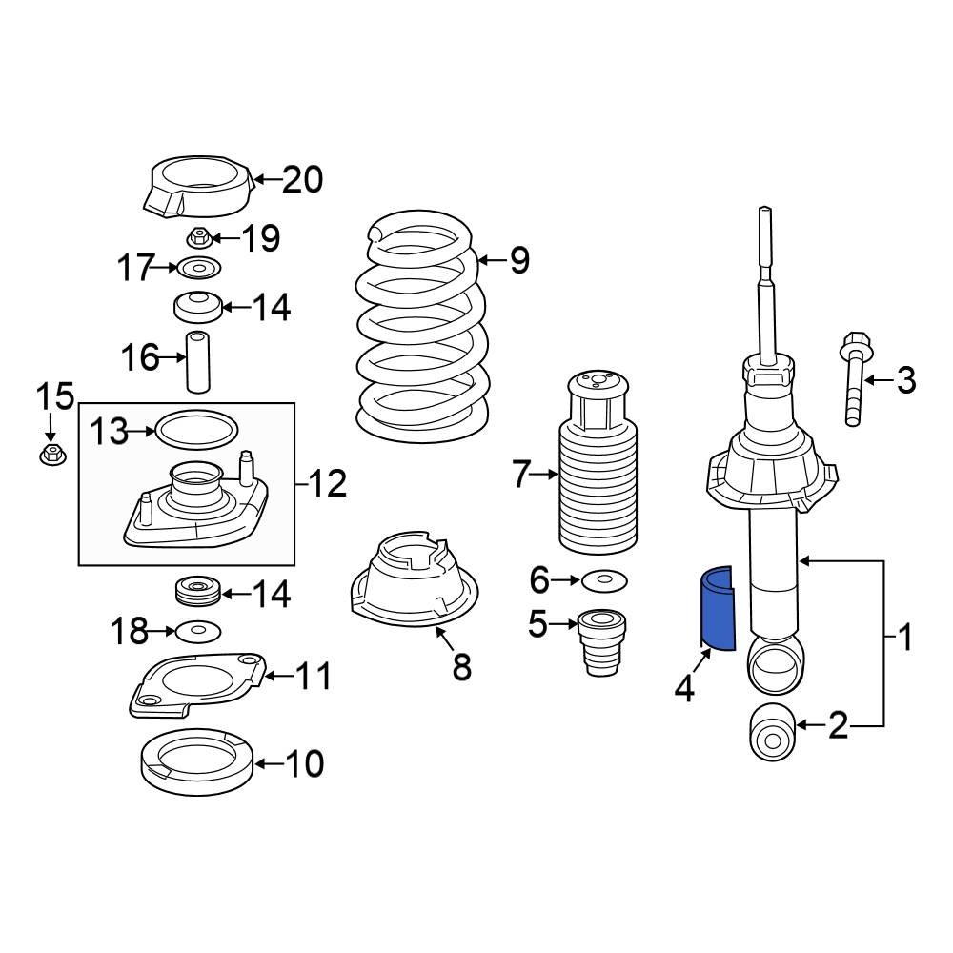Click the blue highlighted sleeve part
[717, 610]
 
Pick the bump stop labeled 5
[598, 643]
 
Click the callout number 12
[327, 485]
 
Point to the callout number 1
[905, 637]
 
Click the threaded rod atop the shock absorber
[765, 276]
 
